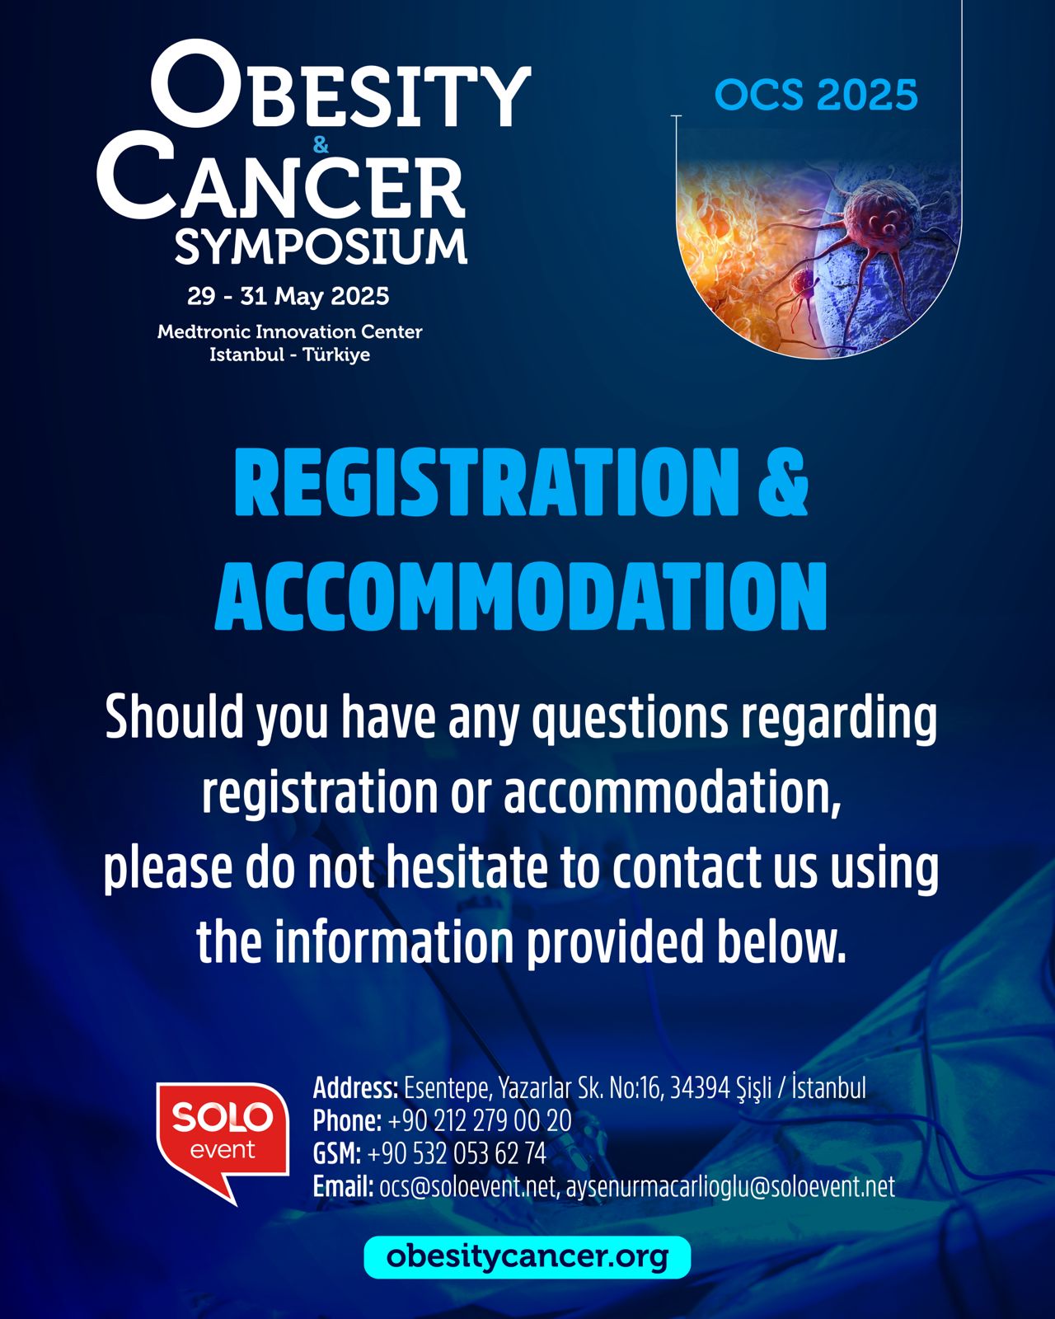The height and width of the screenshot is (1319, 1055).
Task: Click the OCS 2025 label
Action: pyautogui.click(x=816, y=95)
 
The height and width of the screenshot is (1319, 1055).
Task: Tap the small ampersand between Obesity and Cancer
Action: pyautogui.click(x=321, y=145)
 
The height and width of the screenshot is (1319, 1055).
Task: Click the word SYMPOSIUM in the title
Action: pyautogui.click(x=321, y=246)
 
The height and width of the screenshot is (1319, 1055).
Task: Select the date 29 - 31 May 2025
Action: pyautogui.click(x=288, y=297)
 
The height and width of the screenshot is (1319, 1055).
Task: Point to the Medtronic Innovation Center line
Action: pyautogui.click(x=290, y=331)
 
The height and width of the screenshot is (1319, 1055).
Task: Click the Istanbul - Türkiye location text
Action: pyautogui.click(x=290, y=354)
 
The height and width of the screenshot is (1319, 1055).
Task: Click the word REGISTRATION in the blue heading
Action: pyautogui.click(x=487, y=482)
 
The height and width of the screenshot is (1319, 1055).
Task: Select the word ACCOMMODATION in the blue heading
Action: pyautogui.click(x=521, y=596)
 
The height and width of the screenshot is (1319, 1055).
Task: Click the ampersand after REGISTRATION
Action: pyautogui.click(x=783, y=482)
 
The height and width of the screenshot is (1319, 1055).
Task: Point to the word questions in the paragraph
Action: pyautogui.click(x=631, y=718)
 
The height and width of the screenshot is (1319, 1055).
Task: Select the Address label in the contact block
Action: pyautogui.click(x=355, y=1089)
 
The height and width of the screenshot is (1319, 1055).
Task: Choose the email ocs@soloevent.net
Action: pyautogui.click(x=467, y=1188)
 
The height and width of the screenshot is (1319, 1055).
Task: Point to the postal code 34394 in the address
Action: pyautogui.click(x=700, y=1089)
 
